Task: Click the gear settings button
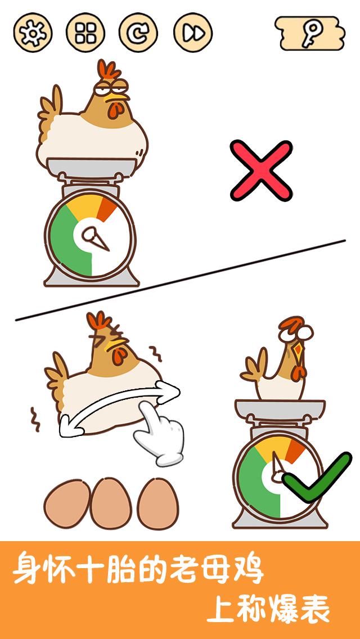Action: click(x=33, y=33)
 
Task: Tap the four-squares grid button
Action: click(x=85, y=33)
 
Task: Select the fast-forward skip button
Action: click(x=193, y=33)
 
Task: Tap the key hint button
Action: click(x=310, y=33)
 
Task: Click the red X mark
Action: click(x=262, y=170)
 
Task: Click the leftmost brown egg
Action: click(x=67, y=503)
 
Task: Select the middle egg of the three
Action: click(x=111, y=503)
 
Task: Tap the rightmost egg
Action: click(x=157, y=503)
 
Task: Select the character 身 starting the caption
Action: click(x=30, y=568)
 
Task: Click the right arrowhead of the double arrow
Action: click(x=169, y=391)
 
